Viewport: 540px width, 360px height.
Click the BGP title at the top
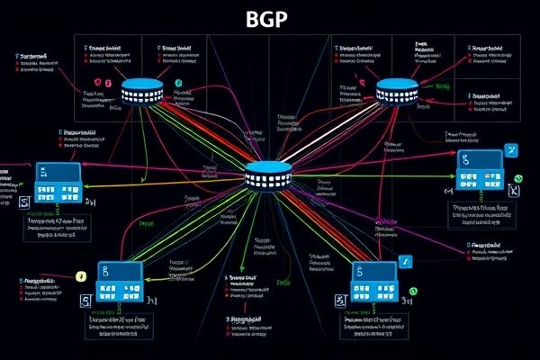[x=270, y=20]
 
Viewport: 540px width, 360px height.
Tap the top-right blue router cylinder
[x=398, y=92]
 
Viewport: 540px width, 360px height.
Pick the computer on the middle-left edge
[x=58, y=184]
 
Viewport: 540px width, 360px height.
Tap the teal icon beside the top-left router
[x=179, y=84]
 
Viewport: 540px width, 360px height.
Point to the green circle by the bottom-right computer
[x=415, y=292]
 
